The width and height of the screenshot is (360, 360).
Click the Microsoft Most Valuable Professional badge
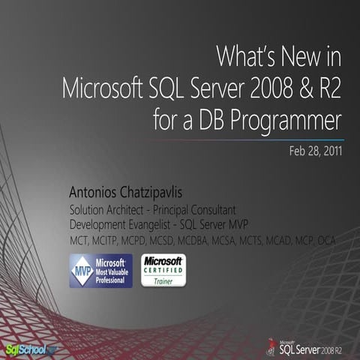[100, 271]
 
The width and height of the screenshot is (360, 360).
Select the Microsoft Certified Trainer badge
[163, 271]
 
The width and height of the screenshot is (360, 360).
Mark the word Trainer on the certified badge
[163, 281]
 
